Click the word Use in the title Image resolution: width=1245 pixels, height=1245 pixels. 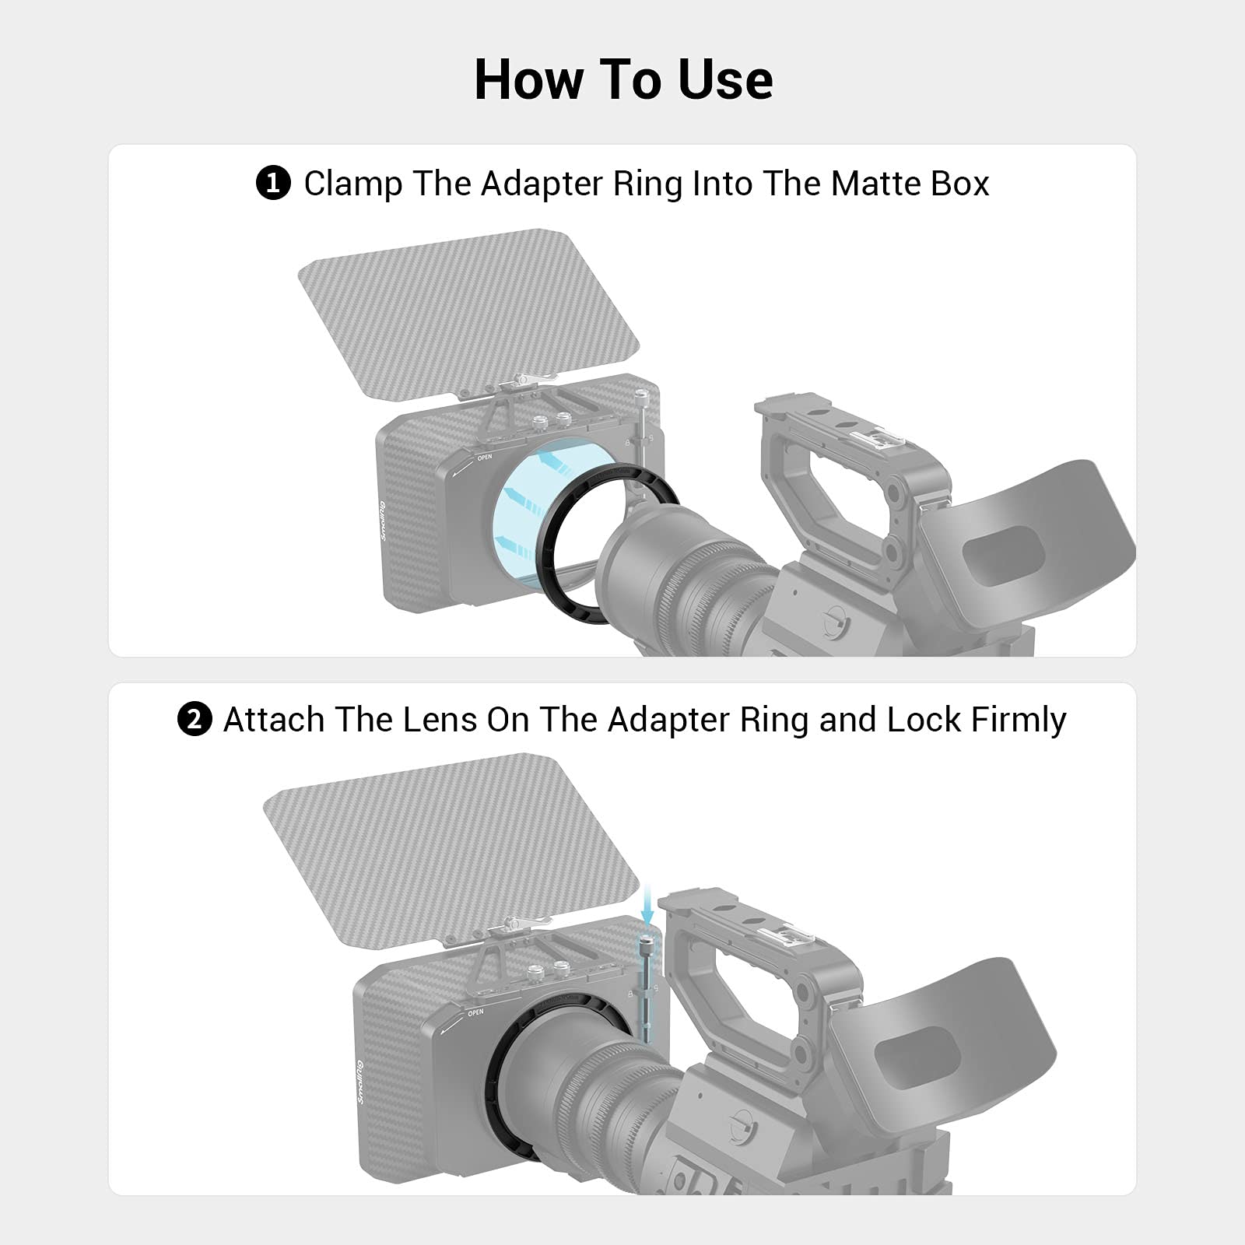pos(725,79)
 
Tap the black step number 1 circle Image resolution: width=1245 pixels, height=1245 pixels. pos(273,184)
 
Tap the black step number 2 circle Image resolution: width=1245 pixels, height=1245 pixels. pos(195,720)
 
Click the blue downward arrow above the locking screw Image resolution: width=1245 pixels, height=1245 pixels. pos(647,903)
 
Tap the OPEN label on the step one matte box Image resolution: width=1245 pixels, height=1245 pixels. pos(485,458)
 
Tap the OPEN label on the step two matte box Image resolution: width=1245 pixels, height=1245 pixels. pos(475,1012)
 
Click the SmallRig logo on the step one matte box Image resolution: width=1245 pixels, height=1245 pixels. pos(382,521)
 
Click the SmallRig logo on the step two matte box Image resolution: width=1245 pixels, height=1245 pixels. pos(360,1082)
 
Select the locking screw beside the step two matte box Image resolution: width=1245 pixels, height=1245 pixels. pos(646,988)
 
